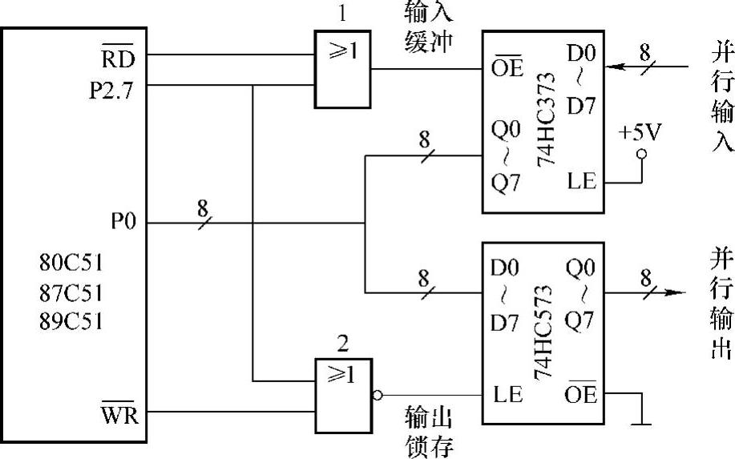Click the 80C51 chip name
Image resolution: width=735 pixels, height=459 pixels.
pos(71,264)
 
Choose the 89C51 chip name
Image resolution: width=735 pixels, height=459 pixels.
pos(71,323)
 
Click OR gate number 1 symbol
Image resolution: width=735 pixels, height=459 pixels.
pos(341,69)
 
